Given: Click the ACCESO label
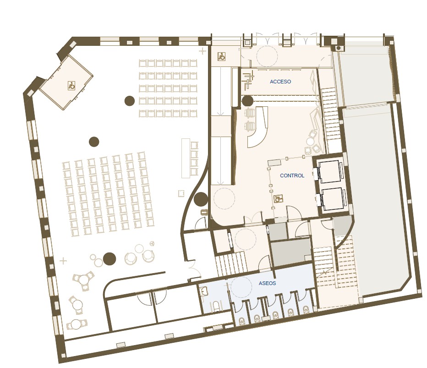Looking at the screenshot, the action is (280, 82).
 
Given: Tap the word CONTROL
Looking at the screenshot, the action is (292, 176).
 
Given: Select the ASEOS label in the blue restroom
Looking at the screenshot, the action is (267, 283).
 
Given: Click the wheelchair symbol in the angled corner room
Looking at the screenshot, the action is (71, 86).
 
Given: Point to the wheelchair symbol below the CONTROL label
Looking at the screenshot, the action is (278, 198).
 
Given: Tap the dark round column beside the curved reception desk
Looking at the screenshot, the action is (247, 101).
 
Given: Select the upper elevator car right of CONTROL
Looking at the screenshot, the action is (329, 171).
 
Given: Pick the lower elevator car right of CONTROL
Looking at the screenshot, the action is (332, 199).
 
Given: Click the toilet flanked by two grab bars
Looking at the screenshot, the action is (216, 306).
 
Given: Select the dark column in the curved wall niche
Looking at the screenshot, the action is (201, 199).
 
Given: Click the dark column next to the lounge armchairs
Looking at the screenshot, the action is (110, 259).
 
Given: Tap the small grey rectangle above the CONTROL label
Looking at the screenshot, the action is (274, 163).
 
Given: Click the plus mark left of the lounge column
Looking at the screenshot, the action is (63, 261).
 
